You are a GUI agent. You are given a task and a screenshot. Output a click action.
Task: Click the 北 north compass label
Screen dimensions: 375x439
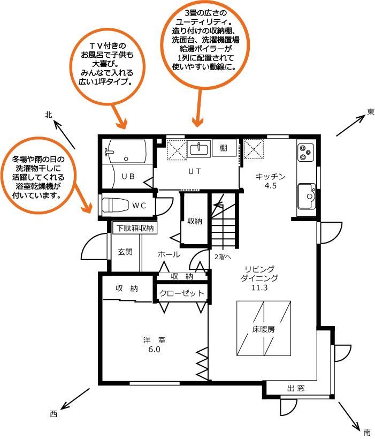coord(49,115)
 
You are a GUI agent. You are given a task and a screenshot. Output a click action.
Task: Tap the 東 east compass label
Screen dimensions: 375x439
coord(371,112)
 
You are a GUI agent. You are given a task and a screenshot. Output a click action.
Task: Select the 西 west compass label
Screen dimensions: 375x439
coord(53,413)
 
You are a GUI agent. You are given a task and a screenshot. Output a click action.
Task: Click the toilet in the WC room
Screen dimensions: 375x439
coord(114,205)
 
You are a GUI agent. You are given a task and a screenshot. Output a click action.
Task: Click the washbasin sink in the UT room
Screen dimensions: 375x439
coord(198,148)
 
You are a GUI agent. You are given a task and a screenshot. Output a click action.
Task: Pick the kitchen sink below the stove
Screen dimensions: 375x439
coord(307,196)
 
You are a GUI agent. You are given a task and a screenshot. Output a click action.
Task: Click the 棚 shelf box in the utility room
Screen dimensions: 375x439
coord(224,148)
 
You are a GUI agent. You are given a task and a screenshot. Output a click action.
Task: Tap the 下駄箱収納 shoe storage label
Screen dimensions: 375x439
coord(135,228)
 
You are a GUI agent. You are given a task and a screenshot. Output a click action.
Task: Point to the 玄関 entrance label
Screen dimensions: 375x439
coord(125,252)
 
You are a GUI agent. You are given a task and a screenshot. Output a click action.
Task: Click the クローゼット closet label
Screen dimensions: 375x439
coord(182,293)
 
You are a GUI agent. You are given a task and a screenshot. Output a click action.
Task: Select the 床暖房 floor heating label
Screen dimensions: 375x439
coord(263,329)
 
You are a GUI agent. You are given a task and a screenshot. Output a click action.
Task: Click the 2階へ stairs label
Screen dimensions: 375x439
coord(223,257)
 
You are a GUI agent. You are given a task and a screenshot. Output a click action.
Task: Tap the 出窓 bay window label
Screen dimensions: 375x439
coord(295,388)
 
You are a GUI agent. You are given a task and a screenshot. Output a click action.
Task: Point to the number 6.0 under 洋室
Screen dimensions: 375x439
coord(154,350)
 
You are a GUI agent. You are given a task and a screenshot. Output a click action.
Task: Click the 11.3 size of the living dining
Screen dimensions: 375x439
coord(259,287)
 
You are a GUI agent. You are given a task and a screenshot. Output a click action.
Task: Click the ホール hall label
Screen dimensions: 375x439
coord(169,254)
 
